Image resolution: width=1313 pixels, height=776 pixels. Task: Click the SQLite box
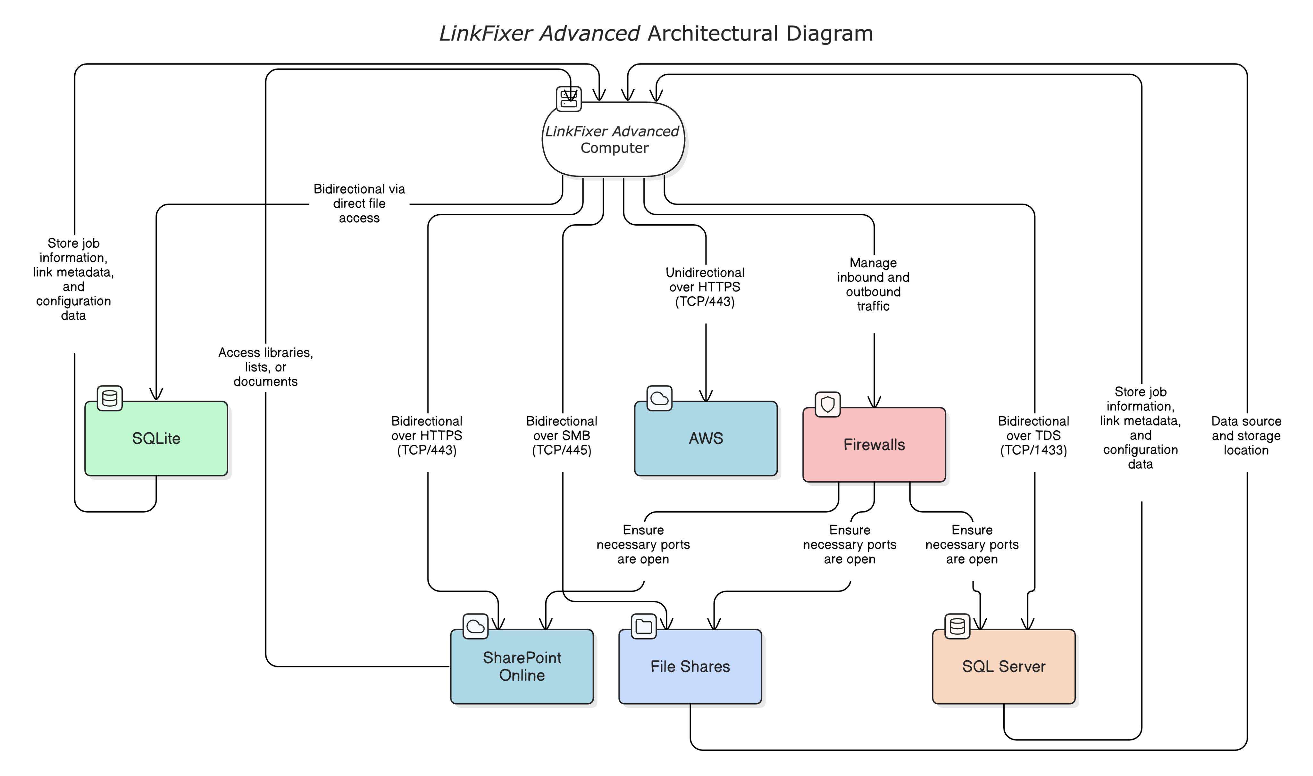(x=156, y=438)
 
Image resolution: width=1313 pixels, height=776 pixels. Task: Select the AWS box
(x=706, y=438)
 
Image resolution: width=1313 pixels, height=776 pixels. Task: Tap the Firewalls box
(x=874, y=444)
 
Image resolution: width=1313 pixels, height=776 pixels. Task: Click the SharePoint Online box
(x=522, y=666)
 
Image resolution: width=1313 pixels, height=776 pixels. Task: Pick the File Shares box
(x=690, y=666)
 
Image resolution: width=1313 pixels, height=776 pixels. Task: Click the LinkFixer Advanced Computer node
(x=613, y=139)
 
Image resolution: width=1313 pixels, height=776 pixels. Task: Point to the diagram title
(x=656, y=33)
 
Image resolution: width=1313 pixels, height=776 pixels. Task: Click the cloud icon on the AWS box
(x=659, y=399)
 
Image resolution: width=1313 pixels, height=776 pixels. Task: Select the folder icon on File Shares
(x=643, y=626)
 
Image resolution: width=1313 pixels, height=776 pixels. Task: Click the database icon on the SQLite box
(x=109, y=399)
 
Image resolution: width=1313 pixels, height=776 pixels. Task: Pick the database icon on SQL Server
(x=957, y=626)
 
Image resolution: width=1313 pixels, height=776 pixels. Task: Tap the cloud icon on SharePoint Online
(x=475, y=626)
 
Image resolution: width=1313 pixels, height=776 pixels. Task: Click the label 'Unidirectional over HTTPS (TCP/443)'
(x=705, y=287)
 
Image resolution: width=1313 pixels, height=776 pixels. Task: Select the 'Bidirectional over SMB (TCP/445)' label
(x=562, y=436)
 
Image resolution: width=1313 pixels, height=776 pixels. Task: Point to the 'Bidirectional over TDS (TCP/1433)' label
(x=1034, y=436)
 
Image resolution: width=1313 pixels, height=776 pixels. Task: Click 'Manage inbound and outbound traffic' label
(x=873, y=285)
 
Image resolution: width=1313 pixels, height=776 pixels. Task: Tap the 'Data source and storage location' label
(x=1246, y=436)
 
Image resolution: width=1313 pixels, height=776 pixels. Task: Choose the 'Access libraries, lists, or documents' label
(x=266, y=367)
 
